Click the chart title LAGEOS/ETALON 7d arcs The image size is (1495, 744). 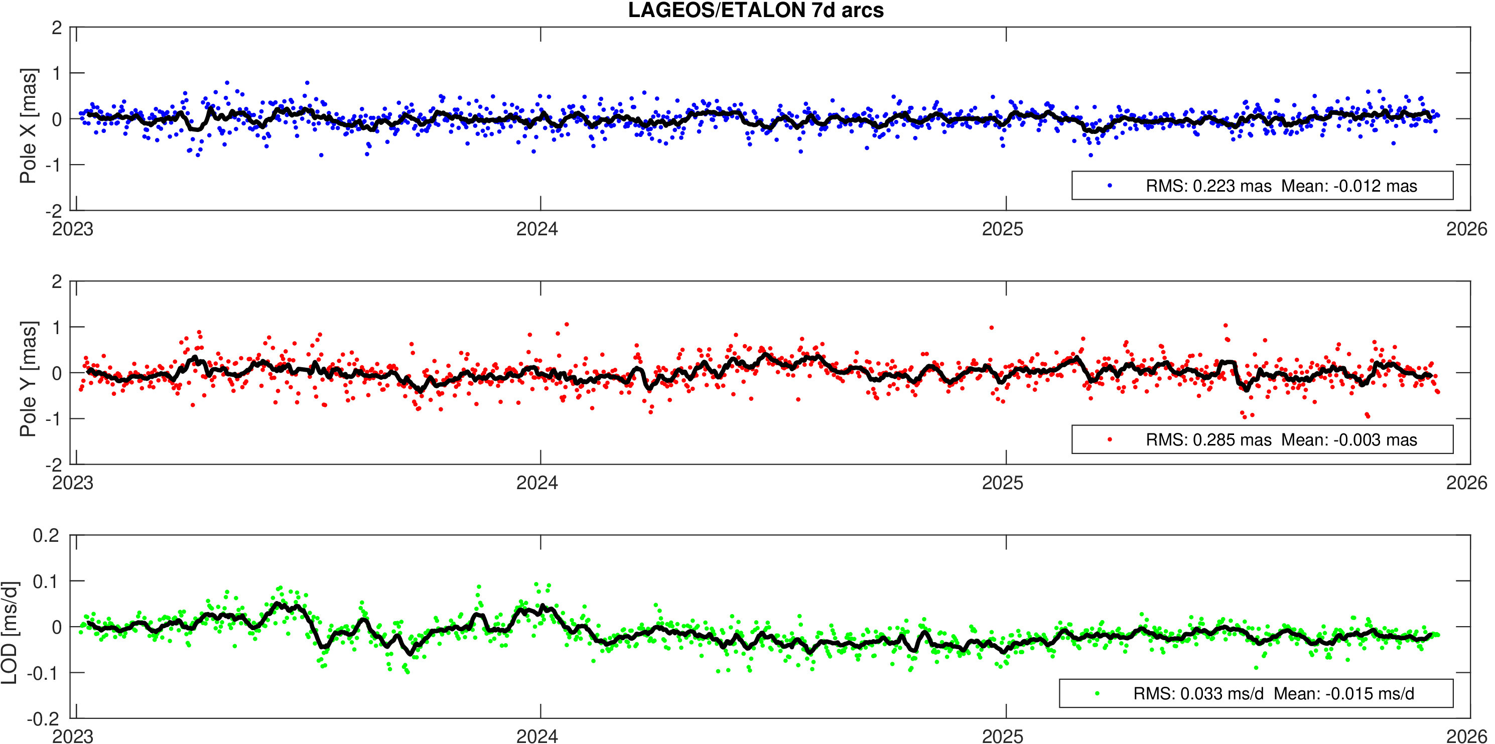(x=756, y=11)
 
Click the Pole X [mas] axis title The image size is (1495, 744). (x=28, y=125)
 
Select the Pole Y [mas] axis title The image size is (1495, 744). (x=28, y=378)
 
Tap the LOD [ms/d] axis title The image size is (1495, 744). (x=10, y=632)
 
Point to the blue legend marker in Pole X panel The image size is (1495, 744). (x=1110, y=186)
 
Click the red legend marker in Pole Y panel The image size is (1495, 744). (x=1110, y=439)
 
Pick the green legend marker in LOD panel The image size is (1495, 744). (x=1097, y=693)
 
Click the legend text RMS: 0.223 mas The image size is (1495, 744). (x=1208, y=186)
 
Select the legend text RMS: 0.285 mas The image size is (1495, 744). (x=1208, y=440)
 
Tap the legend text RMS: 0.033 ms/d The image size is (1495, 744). (x=1198, y=693)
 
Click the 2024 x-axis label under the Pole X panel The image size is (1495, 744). (x=537, y=229)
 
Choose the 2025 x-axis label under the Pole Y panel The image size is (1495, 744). (x=1002, y=483)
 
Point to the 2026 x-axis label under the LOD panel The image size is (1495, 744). (x=1466, y=736)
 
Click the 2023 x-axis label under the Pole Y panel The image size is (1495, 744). (x=73, y=483)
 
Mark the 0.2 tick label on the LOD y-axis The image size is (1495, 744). (x=47, y=535)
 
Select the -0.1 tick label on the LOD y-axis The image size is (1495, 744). (x=44, y=673)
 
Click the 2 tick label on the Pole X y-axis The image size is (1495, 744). (x=56, y=27)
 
